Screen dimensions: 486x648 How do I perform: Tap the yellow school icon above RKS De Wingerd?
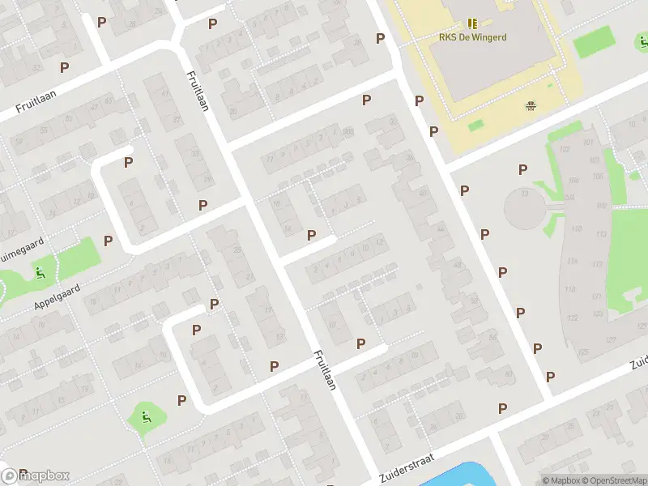[472, 24]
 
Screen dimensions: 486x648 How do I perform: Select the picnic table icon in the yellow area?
[531, 104]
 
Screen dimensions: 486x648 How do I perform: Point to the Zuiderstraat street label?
[406, 466]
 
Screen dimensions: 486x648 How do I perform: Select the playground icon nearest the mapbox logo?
[145, 417]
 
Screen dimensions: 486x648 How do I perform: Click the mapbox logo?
[36, 475]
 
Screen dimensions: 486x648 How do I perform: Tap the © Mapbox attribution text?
[561, 480]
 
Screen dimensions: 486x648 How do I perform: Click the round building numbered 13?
[526, 208]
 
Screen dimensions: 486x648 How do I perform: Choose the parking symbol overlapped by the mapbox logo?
[23, 473]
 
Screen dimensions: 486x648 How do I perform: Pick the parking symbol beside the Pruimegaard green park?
[108, 241]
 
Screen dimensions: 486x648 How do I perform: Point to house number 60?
[508, 373]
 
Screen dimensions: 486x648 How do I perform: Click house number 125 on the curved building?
[583, 352]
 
